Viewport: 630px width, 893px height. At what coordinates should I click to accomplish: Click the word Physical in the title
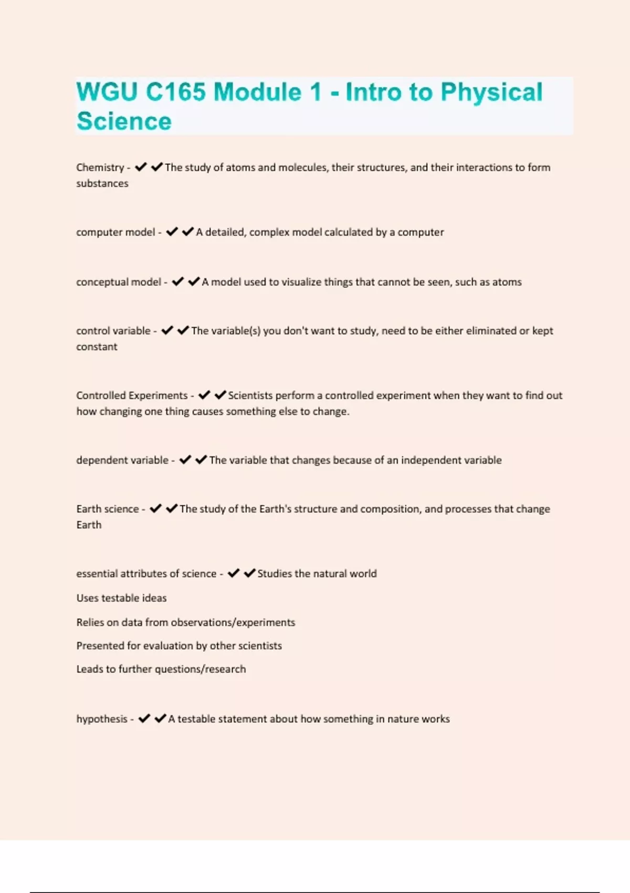coord(491,92)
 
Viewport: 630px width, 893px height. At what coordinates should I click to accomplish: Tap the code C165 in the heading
coord(175,92)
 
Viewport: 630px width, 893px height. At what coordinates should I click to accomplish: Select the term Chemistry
coord(100,168)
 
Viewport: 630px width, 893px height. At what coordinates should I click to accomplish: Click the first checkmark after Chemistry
coord(141,167)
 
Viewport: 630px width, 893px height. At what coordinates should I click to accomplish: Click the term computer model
coord(115,232)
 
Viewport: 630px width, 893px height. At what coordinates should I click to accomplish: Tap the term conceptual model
coord(119,282)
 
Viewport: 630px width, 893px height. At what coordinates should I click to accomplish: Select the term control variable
coord(113,331)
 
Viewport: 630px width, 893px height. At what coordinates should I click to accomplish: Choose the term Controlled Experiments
coord(132,396)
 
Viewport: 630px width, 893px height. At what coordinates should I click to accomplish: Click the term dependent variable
coord(122,460)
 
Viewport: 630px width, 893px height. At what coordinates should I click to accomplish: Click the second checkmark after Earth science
coord(172,508)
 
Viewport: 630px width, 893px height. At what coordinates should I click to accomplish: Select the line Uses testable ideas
coord(121,598)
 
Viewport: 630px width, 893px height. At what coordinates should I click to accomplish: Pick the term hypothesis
coord(102,719)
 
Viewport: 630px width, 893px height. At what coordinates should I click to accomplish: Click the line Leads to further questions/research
coord(161,669)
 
